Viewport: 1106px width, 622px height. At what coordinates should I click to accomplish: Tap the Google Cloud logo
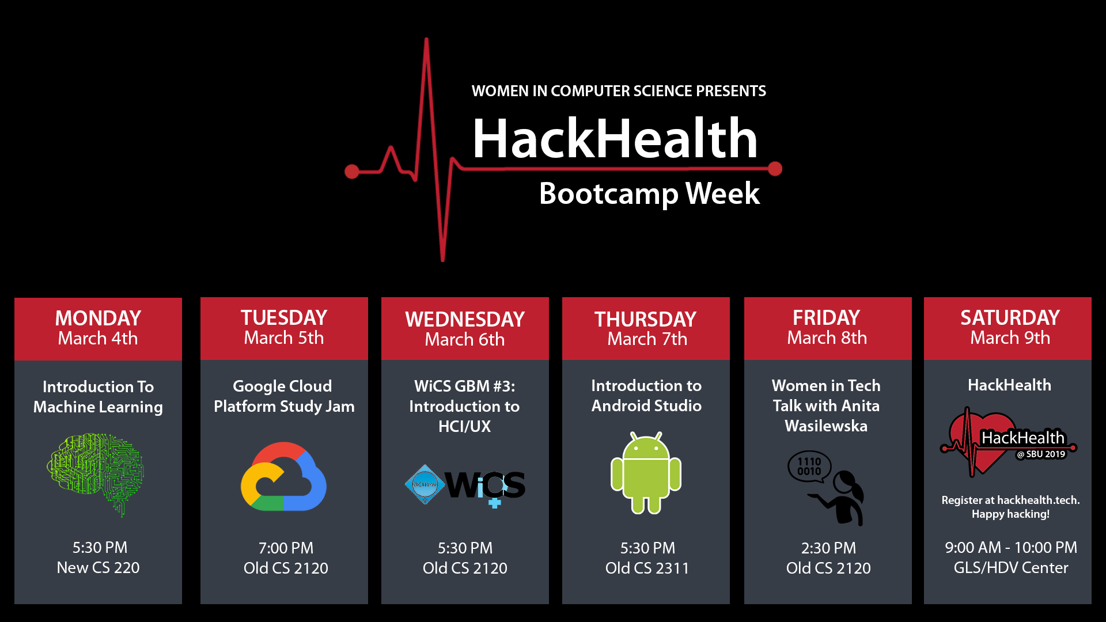coord(284,477)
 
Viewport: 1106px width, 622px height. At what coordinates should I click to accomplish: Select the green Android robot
coord(646,473)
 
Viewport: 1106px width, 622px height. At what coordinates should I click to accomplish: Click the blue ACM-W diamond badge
coord(425,484)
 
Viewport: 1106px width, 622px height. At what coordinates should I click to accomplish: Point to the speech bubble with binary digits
coord(809,466)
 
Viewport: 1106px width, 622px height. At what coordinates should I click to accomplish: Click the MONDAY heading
coord(98,318)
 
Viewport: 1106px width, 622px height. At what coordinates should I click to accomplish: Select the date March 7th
coord(647,339)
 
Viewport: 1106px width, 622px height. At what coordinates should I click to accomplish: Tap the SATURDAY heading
coord(1010,317)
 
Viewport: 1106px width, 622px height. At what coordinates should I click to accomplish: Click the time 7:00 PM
coord(286,548)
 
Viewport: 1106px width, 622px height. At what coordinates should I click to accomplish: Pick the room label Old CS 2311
coord(647,568)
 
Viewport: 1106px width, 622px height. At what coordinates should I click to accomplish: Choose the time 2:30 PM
coord(828,548)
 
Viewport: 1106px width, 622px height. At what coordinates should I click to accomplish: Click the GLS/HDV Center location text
coord(1010,568)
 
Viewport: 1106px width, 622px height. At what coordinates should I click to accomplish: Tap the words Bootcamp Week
coord(649,194)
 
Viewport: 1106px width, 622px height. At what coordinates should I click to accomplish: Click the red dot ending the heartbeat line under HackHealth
coord(775,169)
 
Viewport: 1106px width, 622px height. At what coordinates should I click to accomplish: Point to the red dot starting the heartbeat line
coord(351,171)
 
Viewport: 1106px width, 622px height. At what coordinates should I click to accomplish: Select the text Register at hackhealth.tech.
coord(1010,500)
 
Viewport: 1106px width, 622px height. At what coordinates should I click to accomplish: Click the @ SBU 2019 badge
coord(1041,454)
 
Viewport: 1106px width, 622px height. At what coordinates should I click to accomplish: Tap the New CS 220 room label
coord(98,567)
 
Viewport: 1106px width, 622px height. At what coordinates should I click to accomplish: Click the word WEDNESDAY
coord(465,319)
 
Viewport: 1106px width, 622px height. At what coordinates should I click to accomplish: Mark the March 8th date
coord(827,337)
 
